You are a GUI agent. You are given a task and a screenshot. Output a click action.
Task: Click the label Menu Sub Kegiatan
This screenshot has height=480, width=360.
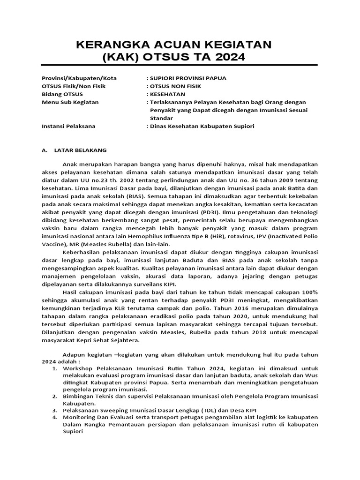pos(70,102)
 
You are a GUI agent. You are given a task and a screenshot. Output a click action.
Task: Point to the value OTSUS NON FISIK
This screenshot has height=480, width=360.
pos(173,86)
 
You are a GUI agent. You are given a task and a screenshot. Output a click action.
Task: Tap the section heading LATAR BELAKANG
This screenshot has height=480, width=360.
pos(81,150)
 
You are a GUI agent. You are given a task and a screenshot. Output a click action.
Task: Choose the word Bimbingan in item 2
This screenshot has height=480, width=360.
pos(78,396)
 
